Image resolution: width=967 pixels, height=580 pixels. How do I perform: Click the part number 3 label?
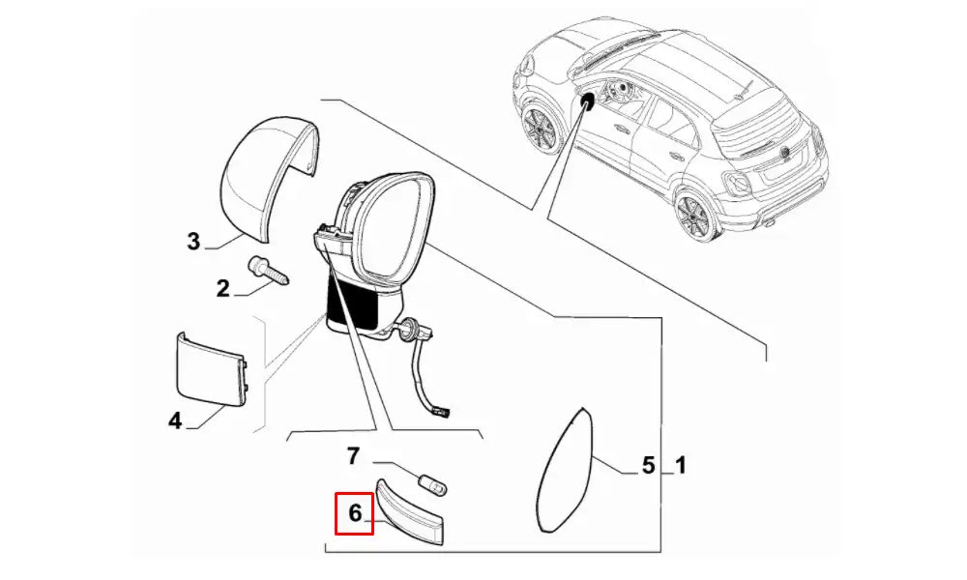point(193,241)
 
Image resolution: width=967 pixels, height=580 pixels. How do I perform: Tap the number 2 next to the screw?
point(222,288)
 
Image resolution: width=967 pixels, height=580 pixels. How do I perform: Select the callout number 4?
point(176,420)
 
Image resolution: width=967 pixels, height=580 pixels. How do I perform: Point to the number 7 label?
point(353,456)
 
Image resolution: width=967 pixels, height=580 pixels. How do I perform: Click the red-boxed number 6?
point(355,512)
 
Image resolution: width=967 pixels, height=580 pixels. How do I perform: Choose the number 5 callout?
point(648,465)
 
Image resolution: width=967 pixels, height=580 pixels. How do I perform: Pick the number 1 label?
point(680,465)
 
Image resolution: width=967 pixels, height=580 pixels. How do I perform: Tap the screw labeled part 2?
point(269,272)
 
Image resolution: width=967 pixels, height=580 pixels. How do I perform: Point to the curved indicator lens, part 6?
point(409,512)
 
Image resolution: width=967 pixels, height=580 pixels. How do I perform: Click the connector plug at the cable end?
point(442,413)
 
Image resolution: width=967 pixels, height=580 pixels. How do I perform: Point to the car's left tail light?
point(737,183)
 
